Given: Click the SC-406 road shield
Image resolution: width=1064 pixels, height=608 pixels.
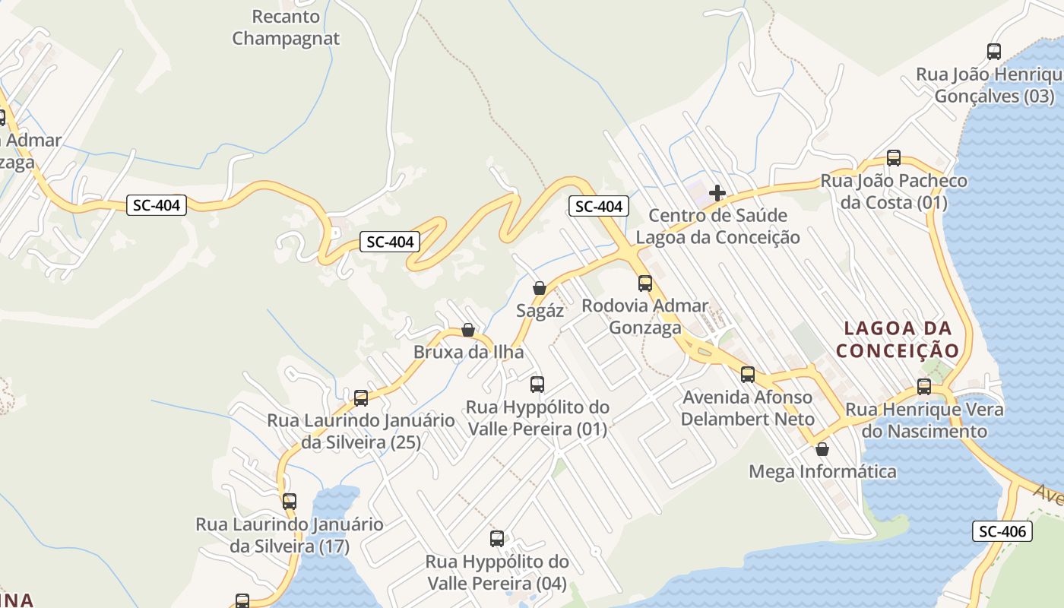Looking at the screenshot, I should (1002, 531).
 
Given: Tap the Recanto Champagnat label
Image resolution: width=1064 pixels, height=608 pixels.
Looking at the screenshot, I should (286, 27).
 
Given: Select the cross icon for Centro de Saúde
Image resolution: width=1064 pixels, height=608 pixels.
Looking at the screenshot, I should (717, 193).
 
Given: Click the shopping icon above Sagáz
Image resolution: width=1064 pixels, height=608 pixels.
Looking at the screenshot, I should (540, 288).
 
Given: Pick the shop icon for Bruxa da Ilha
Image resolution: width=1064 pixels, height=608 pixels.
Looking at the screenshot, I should (468, 330).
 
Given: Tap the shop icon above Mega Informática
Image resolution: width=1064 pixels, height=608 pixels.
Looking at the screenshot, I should (822, 449).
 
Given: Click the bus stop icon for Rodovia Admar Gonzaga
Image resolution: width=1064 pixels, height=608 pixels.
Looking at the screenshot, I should (645, 283).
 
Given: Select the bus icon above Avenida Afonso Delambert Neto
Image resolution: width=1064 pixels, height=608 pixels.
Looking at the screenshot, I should (748, 375).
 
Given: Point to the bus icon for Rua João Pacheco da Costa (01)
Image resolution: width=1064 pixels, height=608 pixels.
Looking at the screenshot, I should (894, 158).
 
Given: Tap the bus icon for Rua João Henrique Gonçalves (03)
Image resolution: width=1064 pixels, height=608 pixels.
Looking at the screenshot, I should (994, 52).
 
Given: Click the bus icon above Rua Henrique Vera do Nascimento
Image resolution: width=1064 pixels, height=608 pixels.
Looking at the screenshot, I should (924, 387).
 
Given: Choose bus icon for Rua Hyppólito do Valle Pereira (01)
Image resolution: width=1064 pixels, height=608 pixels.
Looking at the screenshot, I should (537, 385).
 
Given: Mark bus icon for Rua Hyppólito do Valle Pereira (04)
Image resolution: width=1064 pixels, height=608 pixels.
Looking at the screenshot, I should (497, 539).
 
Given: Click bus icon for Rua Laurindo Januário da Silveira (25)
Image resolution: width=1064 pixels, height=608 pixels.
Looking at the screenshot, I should (361, 397).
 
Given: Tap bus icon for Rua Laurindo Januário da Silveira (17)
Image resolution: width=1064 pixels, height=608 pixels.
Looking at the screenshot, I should (290, 502).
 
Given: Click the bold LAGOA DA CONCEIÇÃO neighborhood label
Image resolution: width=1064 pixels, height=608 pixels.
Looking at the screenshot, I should (898, 339).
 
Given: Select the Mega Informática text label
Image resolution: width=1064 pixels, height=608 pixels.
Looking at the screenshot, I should (823, 472).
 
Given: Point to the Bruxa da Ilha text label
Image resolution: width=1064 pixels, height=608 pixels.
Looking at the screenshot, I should (469, 353).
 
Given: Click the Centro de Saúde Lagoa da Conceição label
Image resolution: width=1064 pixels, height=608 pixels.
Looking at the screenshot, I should (717, 226).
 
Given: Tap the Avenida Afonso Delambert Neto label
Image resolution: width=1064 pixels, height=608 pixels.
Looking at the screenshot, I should (748, 408).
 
